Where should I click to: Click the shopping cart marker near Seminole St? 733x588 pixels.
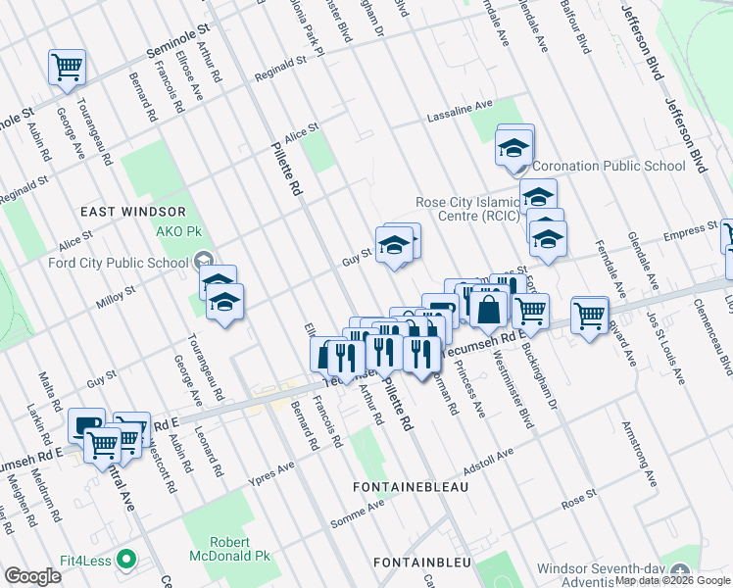68,67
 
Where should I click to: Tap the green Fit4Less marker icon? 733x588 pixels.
124,560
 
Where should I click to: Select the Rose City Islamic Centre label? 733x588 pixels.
467,210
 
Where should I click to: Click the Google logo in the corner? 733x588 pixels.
33,576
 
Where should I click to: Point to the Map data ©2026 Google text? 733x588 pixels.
672,580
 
